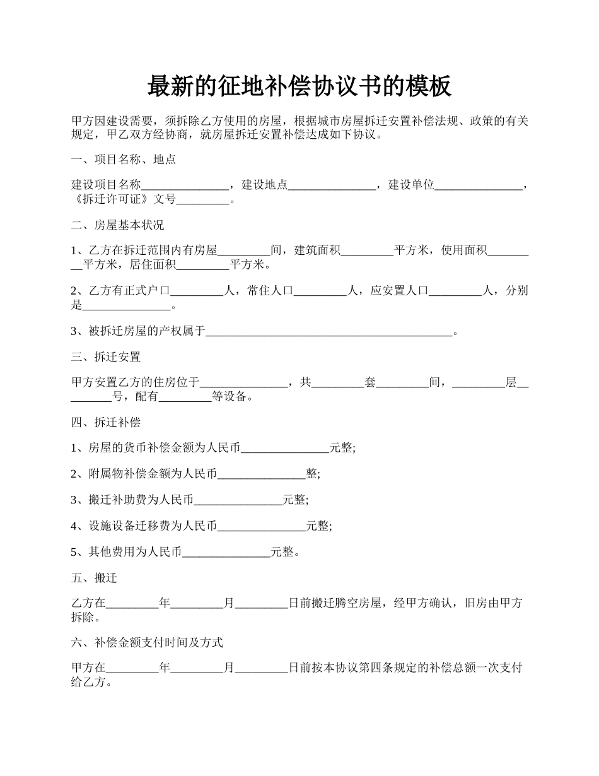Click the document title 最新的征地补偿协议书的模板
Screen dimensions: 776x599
click(299, 86)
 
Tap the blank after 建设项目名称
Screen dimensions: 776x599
click(185, 186)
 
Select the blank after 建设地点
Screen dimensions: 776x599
click(332, 186)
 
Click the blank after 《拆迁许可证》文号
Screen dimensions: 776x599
click(203, 201)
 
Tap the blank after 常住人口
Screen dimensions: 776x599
click(321, 291)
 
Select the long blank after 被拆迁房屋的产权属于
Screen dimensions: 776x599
click(329, 331)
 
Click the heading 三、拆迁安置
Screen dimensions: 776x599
click(106, 357)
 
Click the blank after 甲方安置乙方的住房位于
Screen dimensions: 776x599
click(243, 383)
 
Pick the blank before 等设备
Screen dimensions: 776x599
click(185, 397)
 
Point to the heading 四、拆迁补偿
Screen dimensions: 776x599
click(106, 423)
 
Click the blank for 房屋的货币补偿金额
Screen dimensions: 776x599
click(285, 449)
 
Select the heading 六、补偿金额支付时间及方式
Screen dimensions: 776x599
click(147, 643)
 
